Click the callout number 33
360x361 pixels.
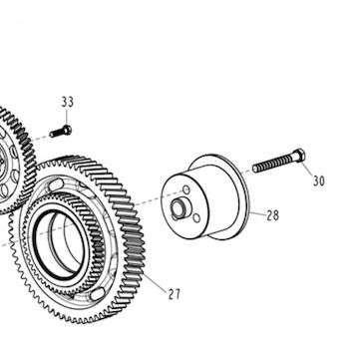point(67,102)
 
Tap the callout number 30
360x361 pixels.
point(318,180)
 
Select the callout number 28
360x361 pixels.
point(272,215)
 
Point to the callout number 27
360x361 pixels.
point(174,294)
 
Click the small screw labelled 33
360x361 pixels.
point(61,132)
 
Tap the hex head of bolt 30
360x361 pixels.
point(299,156)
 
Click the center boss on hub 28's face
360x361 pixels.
point(178,209)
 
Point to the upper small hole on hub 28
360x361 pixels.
point(186,190)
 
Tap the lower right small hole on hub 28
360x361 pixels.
point(196,218)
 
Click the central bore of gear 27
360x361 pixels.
point(60,244)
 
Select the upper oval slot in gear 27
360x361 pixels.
point(56,184)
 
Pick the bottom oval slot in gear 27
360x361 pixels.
point(98,294)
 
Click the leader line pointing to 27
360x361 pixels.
point(156,283)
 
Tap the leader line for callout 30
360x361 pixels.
point(308,169)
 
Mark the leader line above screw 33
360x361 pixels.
point(67,117)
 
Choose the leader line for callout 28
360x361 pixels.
point(257,214)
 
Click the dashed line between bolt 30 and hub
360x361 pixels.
point(246,172)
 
